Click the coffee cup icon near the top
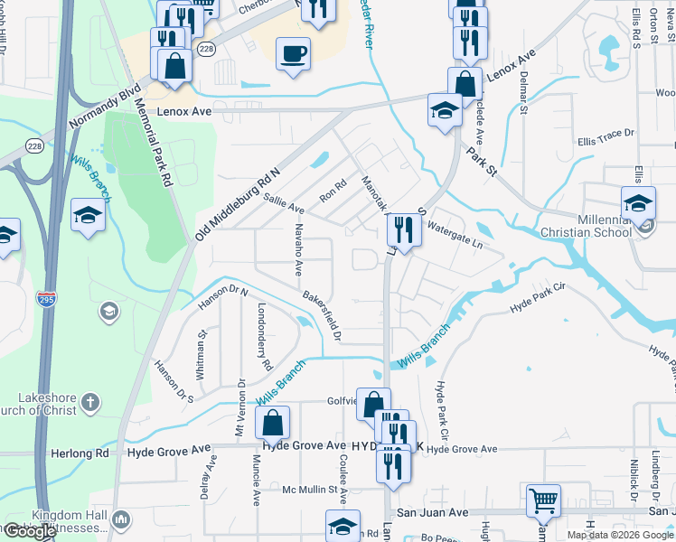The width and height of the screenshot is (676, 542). pyautogui.click(x=293, y=53)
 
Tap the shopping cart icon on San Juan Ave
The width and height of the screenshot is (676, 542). pyautogui.click(x=543, y=500)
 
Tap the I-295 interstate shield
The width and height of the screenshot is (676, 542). pyautogui.click(x=44, y=297)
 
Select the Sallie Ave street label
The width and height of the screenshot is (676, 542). pyautogui.click(x=283, y=207)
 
